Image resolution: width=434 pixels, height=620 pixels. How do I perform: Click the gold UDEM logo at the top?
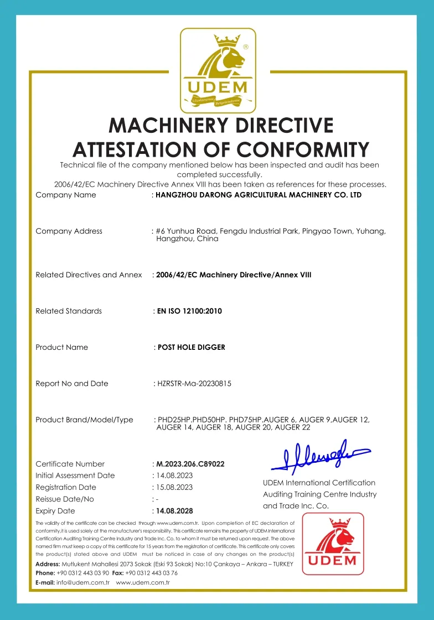218,70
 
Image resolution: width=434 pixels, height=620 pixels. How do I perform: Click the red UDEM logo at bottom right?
333,543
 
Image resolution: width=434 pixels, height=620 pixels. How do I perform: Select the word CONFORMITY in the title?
303,150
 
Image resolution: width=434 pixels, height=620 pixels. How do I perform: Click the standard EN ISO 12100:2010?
189,311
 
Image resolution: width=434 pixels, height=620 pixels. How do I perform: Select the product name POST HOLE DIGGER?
192,348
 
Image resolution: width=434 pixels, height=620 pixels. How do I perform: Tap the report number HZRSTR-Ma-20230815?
194,384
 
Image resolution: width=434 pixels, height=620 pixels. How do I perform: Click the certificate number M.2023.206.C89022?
190,464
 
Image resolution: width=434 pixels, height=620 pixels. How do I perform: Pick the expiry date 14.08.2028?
174,511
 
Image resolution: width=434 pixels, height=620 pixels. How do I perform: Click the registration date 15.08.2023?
174,487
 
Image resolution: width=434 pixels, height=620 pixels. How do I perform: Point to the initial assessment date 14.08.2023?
174,476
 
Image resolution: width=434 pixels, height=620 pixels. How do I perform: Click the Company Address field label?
69,231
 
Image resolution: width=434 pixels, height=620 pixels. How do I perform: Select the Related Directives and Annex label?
89,275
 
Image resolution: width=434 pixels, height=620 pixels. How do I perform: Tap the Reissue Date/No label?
65,499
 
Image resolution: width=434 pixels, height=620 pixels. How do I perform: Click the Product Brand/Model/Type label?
84,420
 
